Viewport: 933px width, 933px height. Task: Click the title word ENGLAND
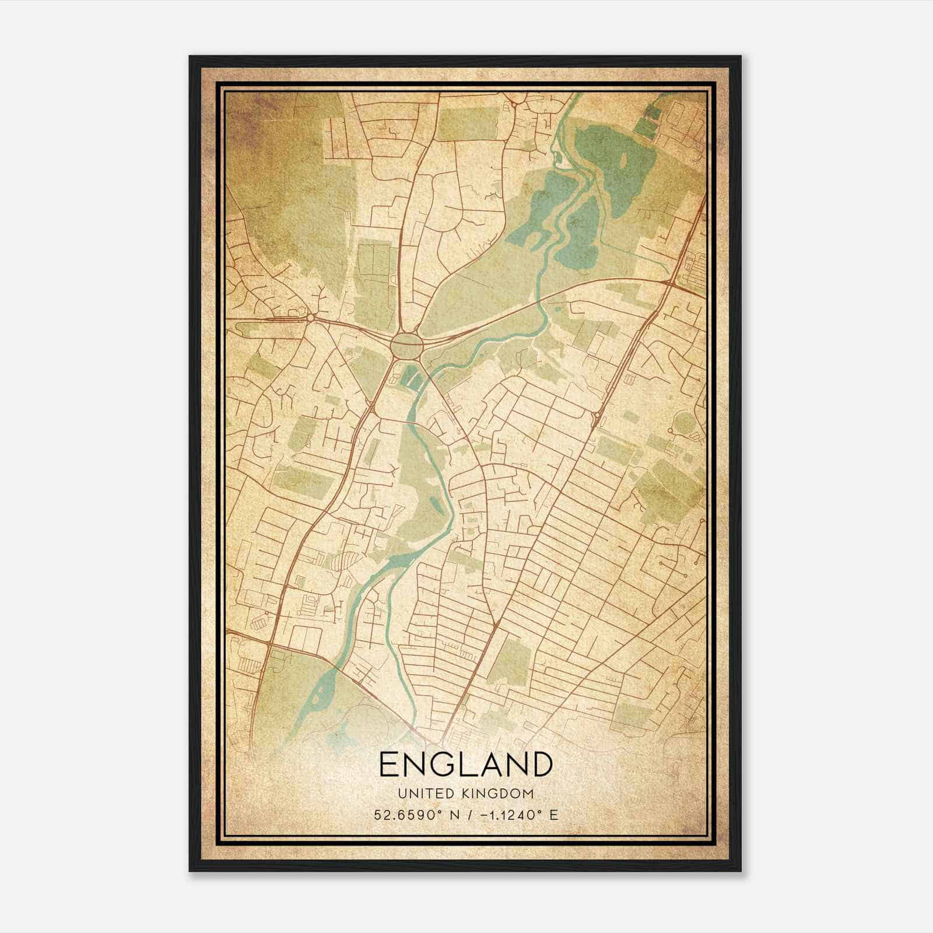click(x=465, y=764)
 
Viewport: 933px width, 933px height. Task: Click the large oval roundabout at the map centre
click(x=406, y=345)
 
